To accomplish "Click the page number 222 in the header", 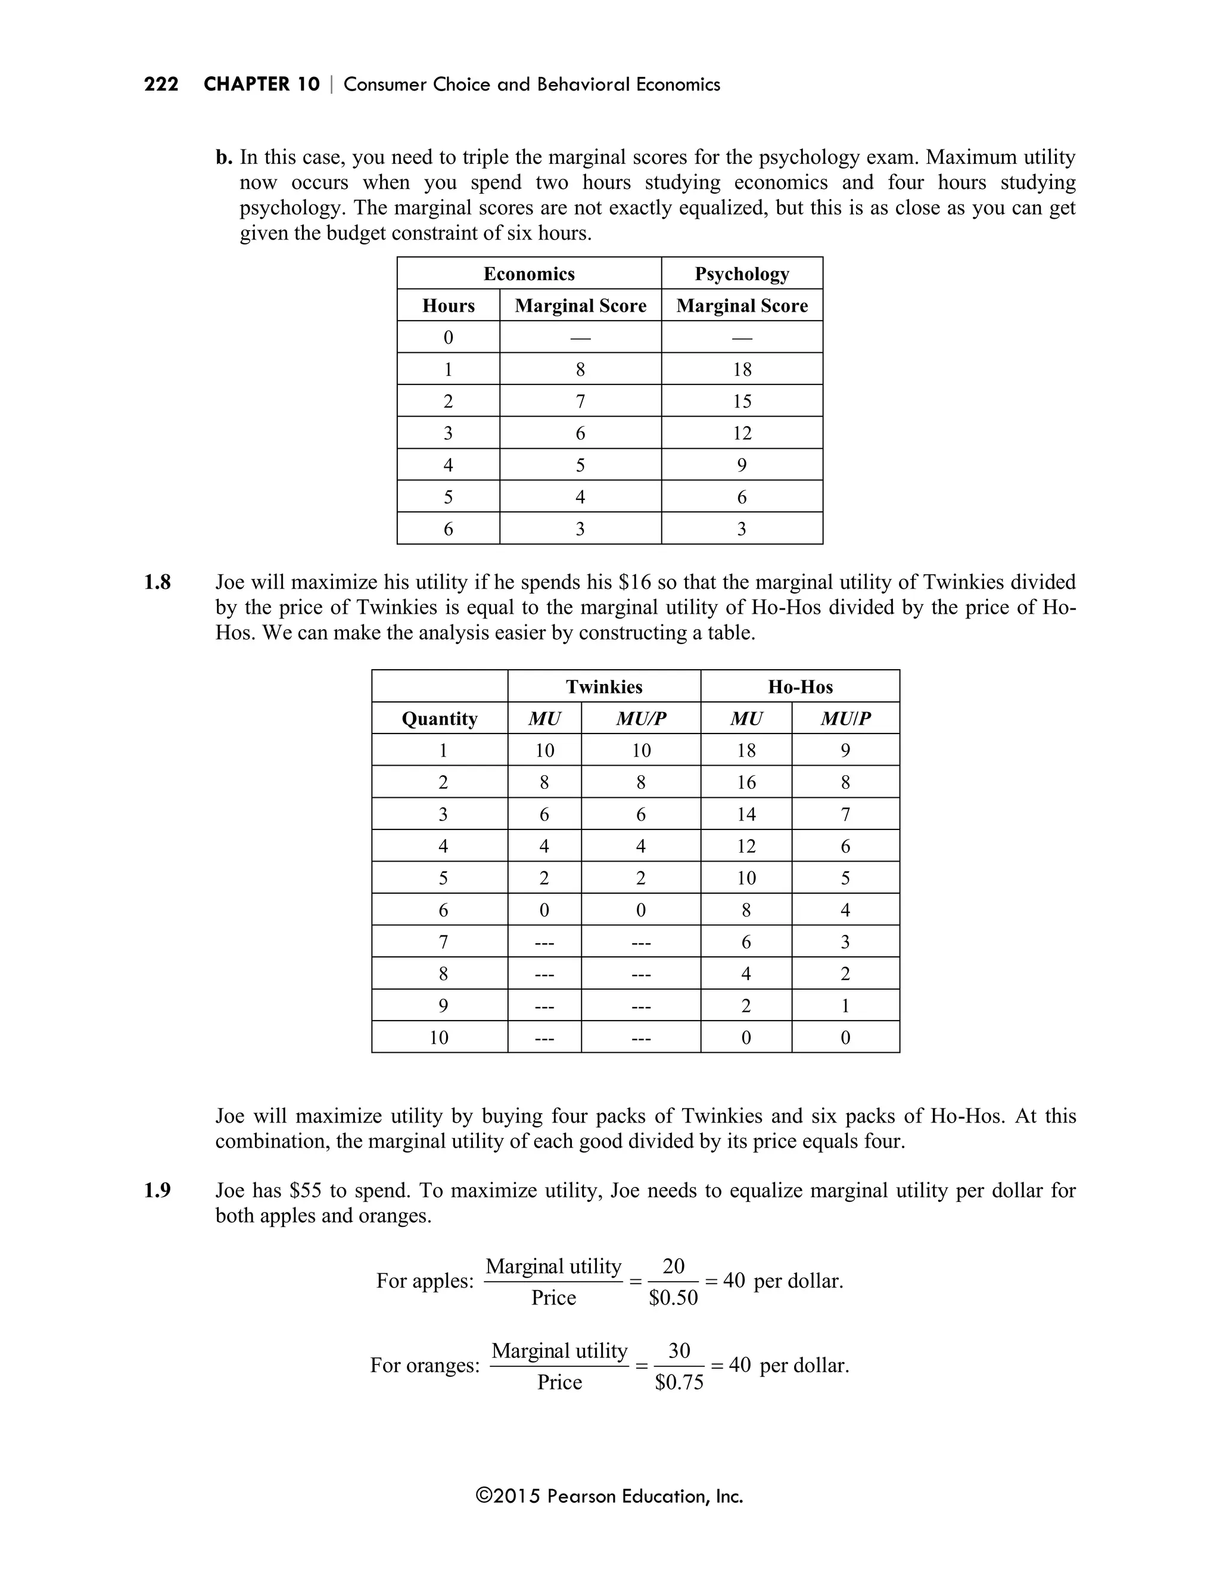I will point(161,85).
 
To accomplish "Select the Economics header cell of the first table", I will point(528,273).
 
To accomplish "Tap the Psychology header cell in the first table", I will point(742,273).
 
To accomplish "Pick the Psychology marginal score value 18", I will point(742,369).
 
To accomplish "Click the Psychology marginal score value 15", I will point(742,401).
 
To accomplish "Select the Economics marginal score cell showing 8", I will point(580,369).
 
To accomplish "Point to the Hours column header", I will point(448,305).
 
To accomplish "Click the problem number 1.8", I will point(157,582).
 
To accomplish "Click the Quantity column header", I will point(440,719).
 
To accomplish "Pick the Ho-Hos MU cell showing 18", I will point(746,750).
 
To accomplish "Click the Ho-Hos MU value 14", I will point(746,814).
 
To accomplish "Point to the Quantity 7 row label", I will point(443,941).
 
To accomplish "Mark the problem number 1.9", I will point(157,1190).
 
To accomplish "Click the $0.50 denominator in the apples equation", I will point(673,1298).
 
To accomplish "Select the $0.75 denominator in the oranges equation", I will point(679,1382).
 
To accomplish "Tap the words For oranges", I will point(424,1365).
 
